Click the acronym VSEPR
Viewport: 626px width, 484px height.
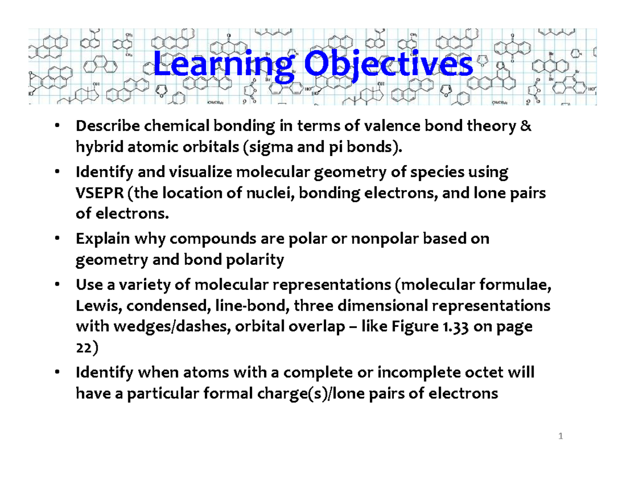tap(98, 193)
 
